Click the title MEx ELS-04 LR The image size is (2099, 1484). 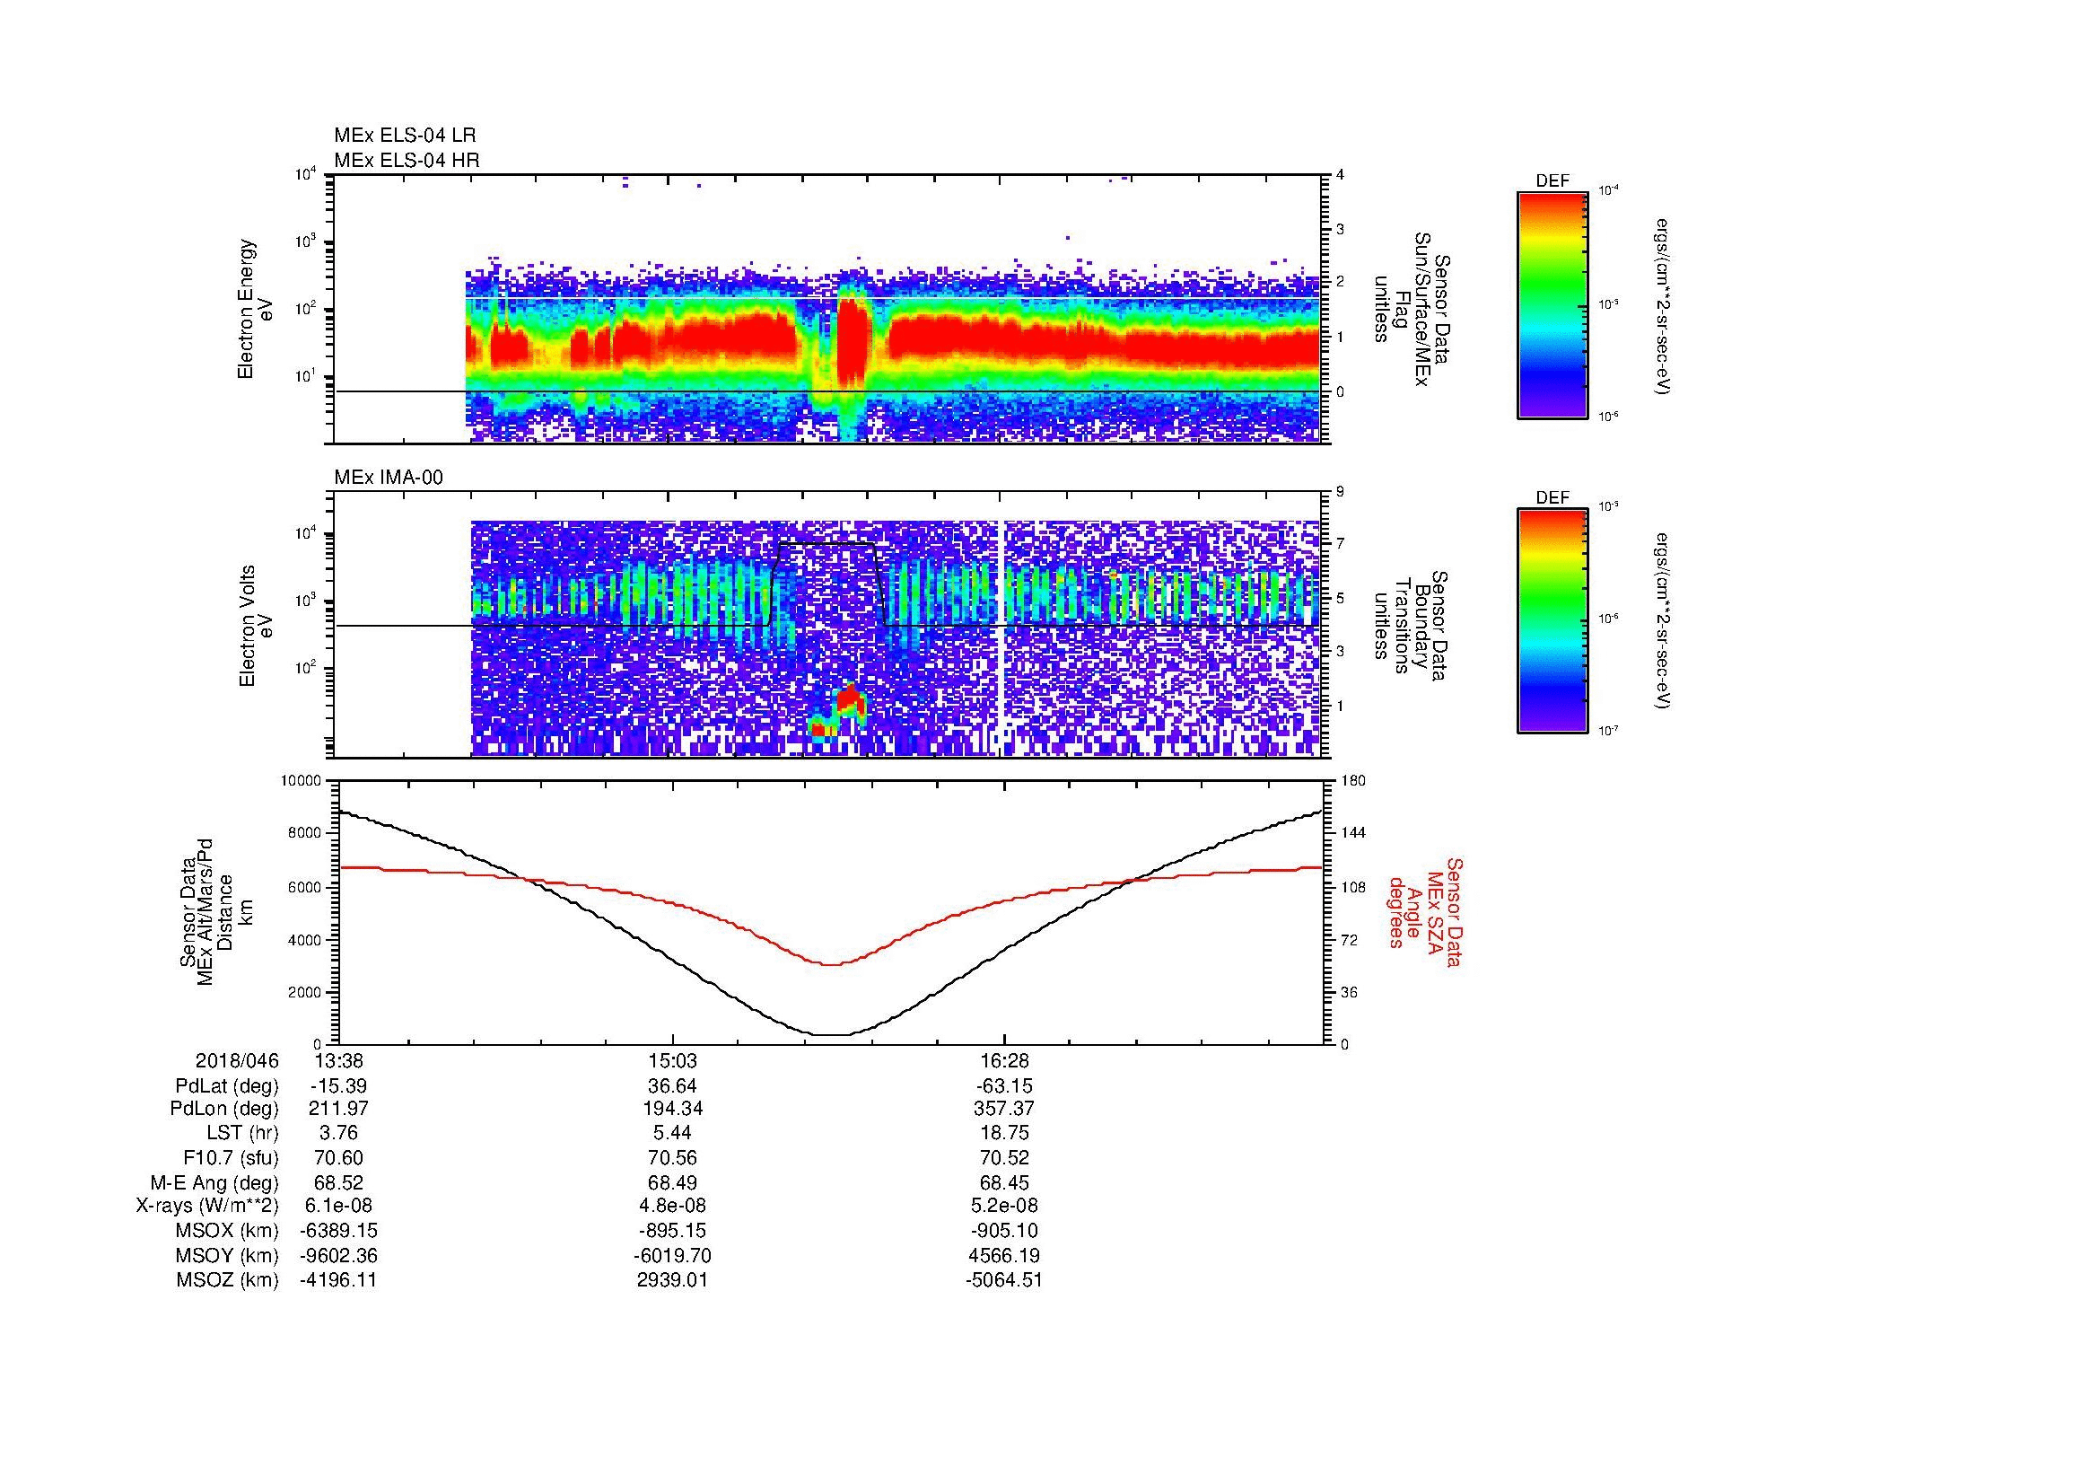click(404, 136)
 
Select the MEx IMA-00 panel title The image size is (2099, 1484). click(388, 478)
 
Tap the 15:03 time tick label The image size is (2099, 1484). click(673, 1060)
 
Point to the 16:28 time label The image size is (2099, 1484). click(1004, 1060)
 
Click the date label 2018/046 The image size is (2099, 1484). click(237, 1060)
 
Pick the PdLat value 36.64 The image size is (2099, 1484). click(673, 1085)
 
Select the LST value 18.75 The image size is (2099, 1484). click(1004, 1133)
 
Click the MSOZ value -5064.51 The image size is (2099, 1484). click(1004, 1280)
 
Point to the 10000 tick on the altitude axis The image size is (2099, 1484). click(301, 781)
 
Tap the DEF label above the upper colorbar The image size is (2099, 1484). click(1552, 182)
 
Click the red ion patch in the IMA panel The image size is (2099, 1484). click(851, 702)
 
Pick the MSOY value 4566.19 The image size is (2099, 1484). click(1004, 1255)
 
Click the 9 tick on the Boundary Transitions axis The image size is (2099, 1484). click(1340, 492)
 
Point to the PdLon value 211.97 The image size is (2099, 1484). click(339, 1109)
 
